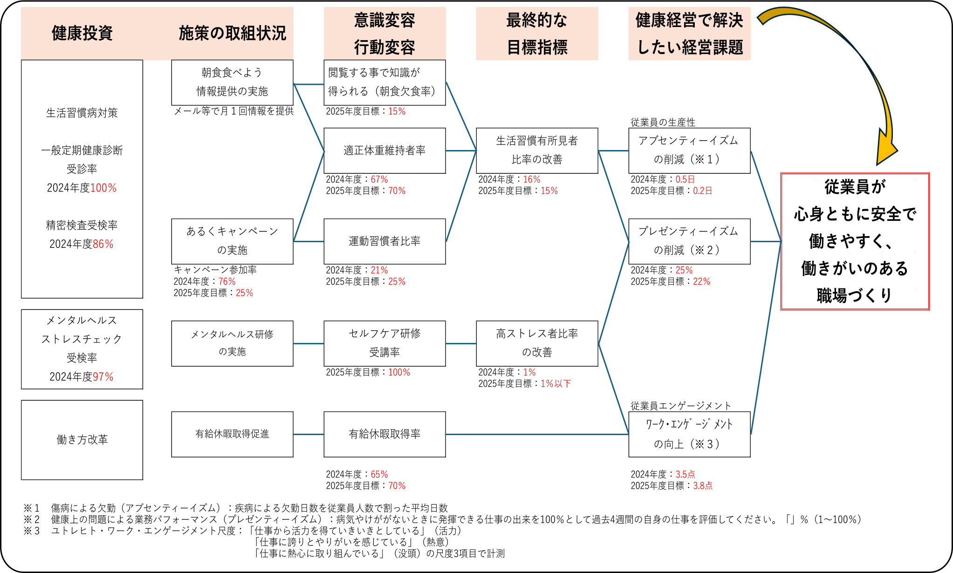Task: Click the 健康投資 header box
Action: pos(82,33)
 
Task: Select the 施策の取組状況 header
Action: pos(232,33)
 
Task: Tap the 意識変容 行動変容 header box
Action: pos(384,33)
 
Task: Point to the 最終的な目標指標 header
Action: pos(537,33)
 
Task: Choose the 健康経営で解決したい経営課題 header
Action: pos(689,33)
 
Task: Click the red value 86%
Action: pos(103,244)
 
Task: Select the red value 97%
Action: pos(103,376)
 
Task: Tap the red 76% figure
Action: pos(227,281)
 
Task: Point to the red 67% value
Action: pos(379,179)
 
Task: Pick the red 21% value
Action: pos(379,270)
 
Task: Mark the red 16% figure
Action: pos(532,179)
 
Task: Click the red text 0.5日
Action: pos(685,179)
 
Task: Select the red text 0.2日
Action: pos(703,191)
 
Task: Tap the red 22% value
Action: pos(702,281)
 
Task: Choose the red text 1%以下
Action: pos(555,383)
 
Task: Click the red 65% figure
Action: pos(379,474)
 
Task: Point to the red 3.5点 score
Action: pos(685,474)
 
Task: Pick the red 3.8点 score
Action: pos(703,485)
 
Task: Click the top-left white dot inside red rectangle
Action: pos(784,180)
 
